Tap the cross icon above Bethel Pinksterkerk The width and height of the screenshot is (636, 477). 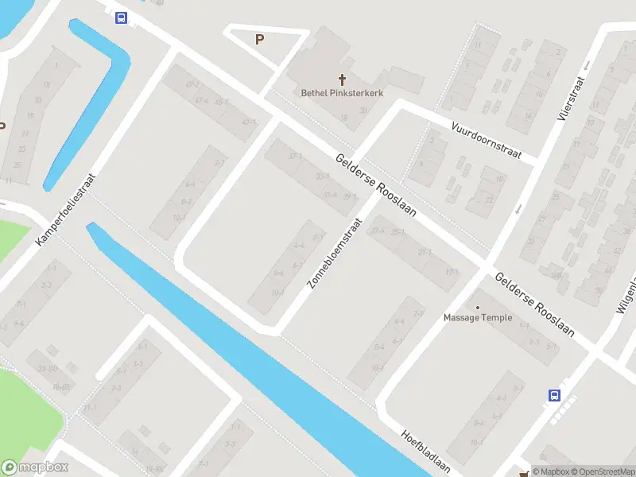[343, 79]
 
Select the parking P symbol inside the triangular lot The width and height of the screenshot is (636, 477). [259, 39]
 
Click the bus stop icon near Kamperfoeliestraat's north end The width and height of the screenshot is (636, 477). [121, 17]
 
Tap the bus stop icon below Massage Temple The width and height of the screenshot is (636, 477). [554, 394]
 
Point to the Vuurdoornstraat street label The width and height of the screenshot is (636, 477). [486, 141]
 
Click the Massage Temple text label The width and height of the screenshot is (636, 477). [478, 318]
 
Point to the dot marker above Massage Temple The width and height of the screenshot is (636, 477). [478, 307]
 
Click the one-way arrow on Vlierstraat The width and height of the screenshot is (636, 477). [518, 209]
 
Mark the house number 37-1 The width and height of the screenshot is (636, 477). [297, 157]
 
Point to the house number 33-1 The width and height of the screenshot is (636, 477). [322, 176]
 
